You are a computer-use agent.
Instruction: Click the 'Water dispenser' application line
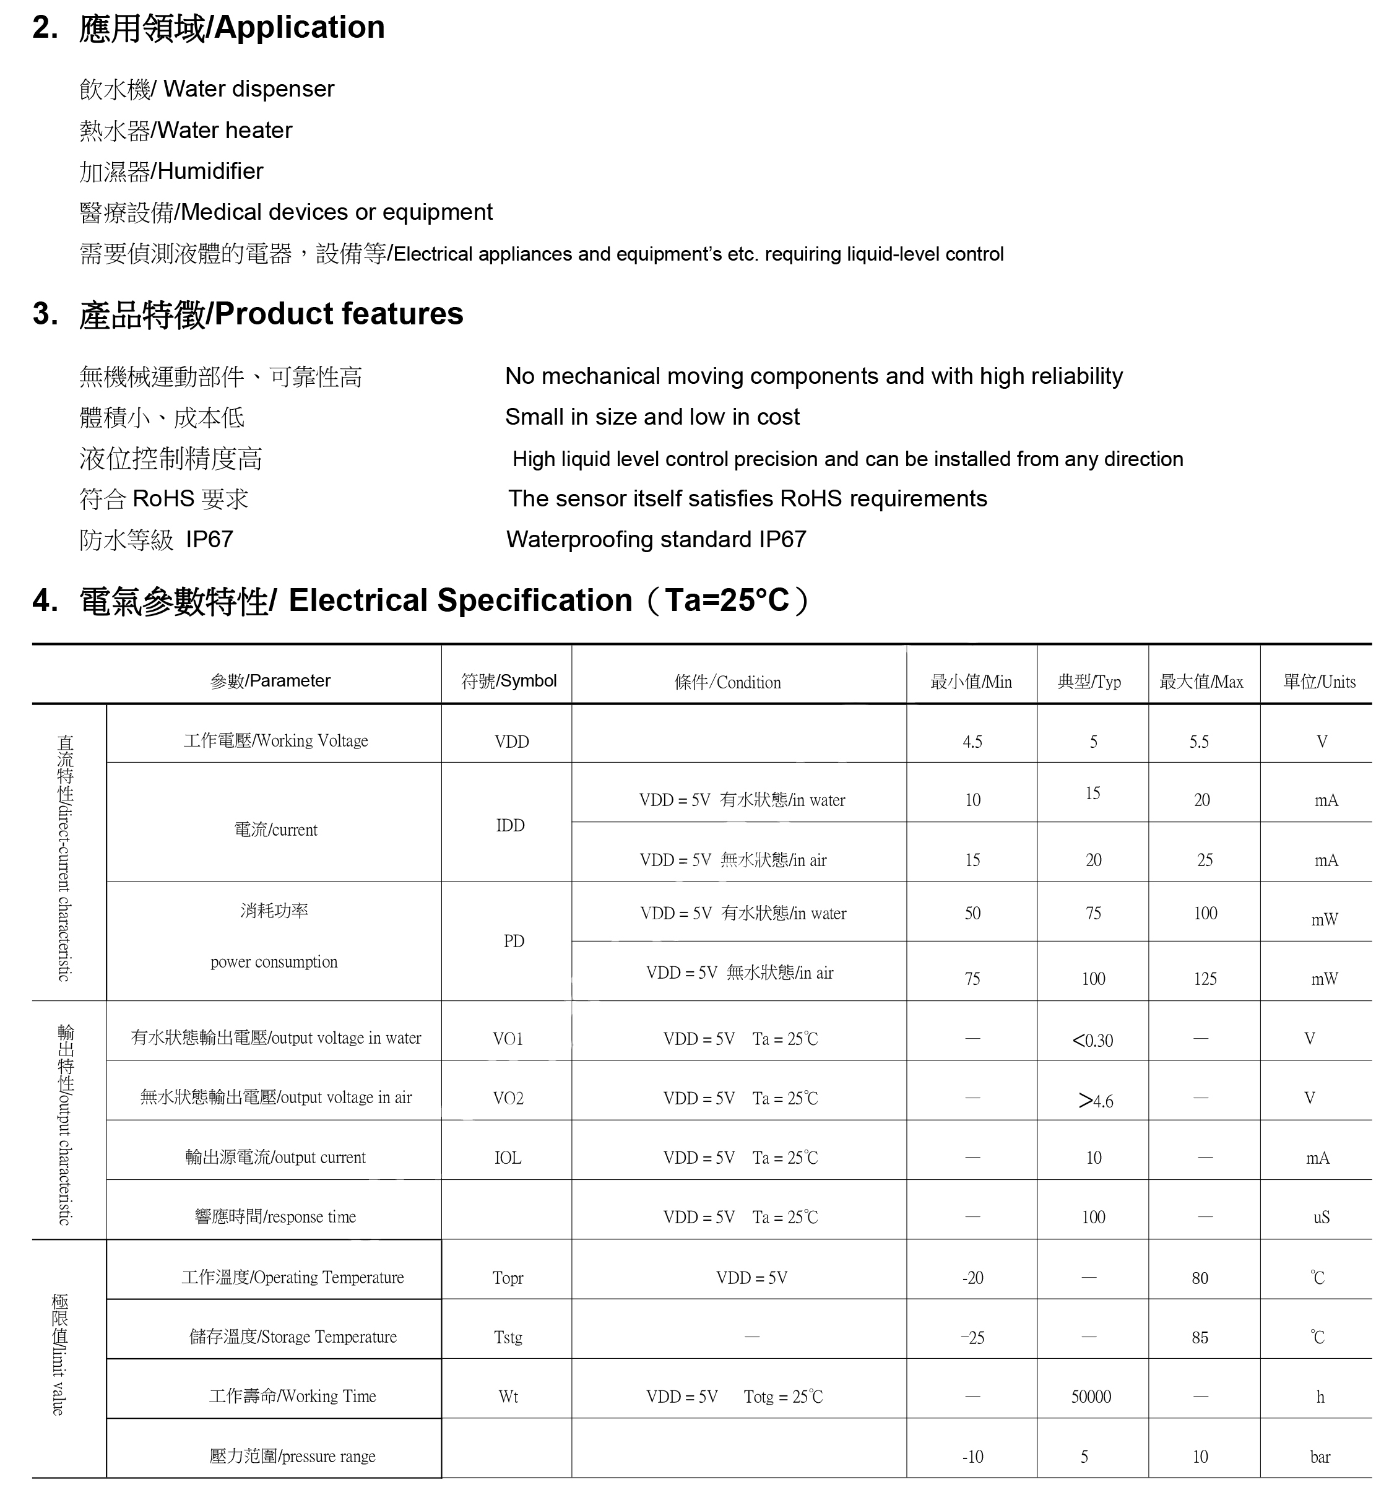coord(207,89)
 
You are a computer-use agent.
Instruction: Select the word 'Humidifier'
coord(210,171)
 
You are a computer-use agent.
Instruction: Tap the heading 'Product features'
coord(339,314)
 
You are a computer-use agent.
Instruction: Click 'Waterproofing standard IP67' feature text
coord(656,539)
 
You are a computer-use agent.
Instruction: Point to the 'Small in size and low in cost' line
coord(652,417)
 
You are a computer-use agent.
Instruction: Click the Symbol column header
coord(509,680)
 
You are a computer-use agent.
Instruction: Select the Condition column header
coord(727,682)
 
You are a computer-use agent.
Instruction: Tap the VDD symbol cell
coord(511,742)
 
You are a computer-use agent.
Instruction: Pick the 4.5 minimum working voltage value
coord(972,742)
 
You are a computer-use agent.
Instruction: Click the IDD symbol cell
coord(510,825)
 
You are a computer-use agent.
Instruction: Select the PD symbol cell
coord(514,941)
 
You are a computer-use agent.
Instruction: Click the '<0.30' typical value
coord(1093,1040)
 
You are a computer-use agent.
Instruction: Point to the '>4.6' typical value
coord(1095,1101)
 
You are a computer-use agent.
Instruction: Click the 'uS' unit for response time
coord(1321,1217)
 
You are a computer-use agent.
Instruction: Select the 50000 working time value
coord(1091,1397)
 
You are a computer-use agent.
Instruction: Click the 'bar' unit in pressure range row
coord(1320,1456)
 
